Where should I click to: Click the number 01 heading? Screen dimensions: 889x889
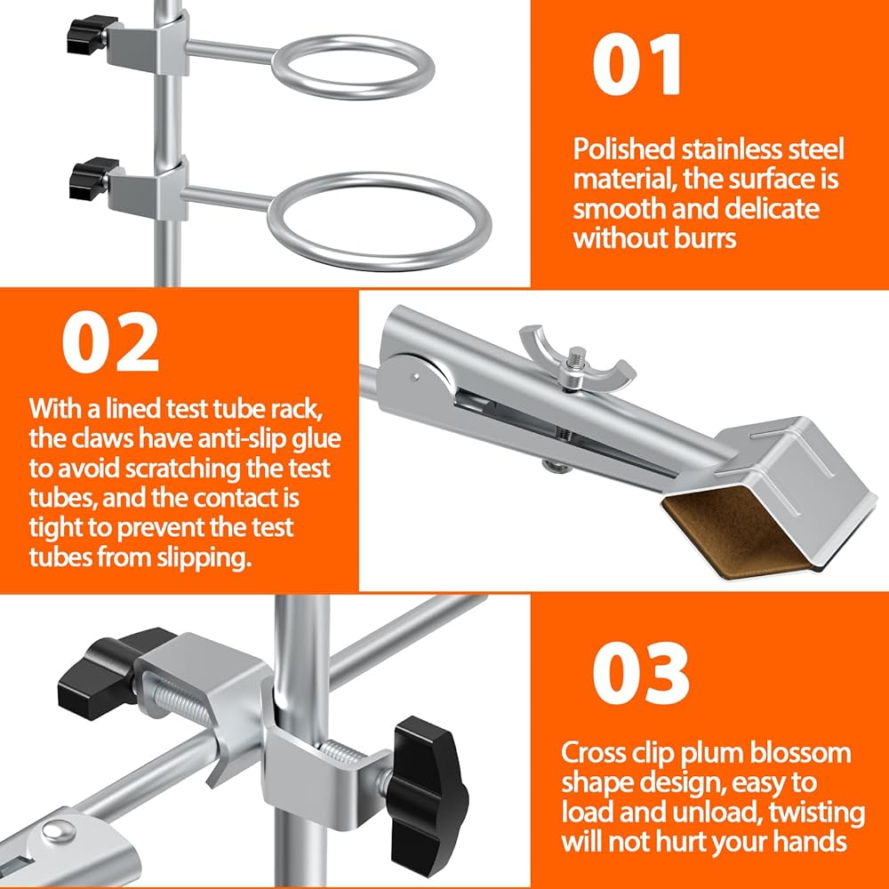(637, 64)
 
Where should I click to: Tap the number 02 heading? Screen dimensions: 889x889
(110, 343)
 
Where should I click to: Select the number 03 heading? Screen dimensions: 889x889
(641, 673)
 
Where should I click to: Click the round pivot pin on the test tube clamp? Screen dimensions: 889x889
(416, 375)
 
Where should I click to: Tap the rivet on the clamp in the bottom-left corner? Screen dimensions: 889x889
(59, 832)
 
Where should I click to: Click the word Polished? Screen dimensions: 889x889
(624, 150)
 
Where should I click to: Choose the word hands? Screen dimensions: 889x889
(810, 842)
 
